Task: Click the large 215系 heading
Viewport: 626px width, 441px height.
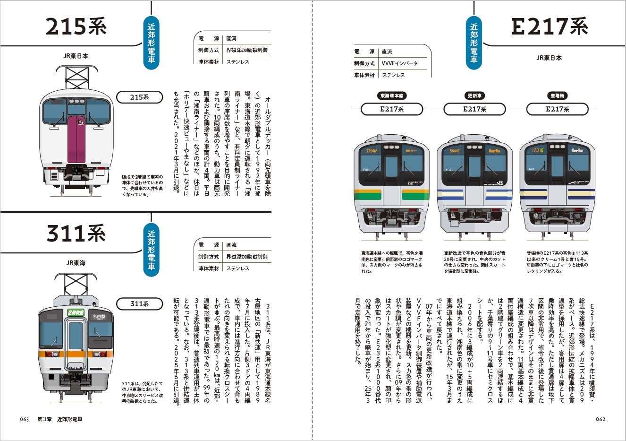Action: click(x=76, y=27)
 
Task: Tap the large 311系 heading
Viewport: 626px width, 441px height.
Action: click(x=76, y=233)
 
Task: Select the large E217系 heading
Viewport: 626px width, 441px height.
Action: click(x=549, y=27)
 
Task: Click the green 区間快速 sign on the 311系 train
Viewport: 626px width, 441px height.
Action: click(x=75, y=312)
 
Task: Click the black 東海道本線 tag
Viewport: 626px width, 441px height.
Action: click(x=392, y=95)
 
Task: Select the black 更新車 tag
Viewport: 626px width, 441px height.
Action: click(x=474, y=95)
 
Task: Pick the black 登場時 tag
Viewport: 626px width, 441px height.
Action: click(x=557, y=95)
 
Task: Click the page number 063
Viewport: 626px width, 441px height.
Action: click(x=25, y=419)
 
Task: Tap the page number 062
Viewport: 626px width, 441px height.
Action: click(x=601, y=419)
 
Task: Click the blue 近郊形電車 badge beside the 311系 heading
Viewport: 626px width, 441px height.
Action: click(x=151, y=250)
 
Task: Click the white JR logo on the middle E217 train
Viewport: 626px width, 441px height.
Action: click(x=500, y=182)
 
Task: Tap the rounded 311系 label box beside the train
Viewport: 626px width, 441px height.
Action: click(x=140, y=303)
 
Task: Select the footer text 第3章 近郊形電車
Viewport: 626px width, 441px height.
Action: click(x=63, y=419)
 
